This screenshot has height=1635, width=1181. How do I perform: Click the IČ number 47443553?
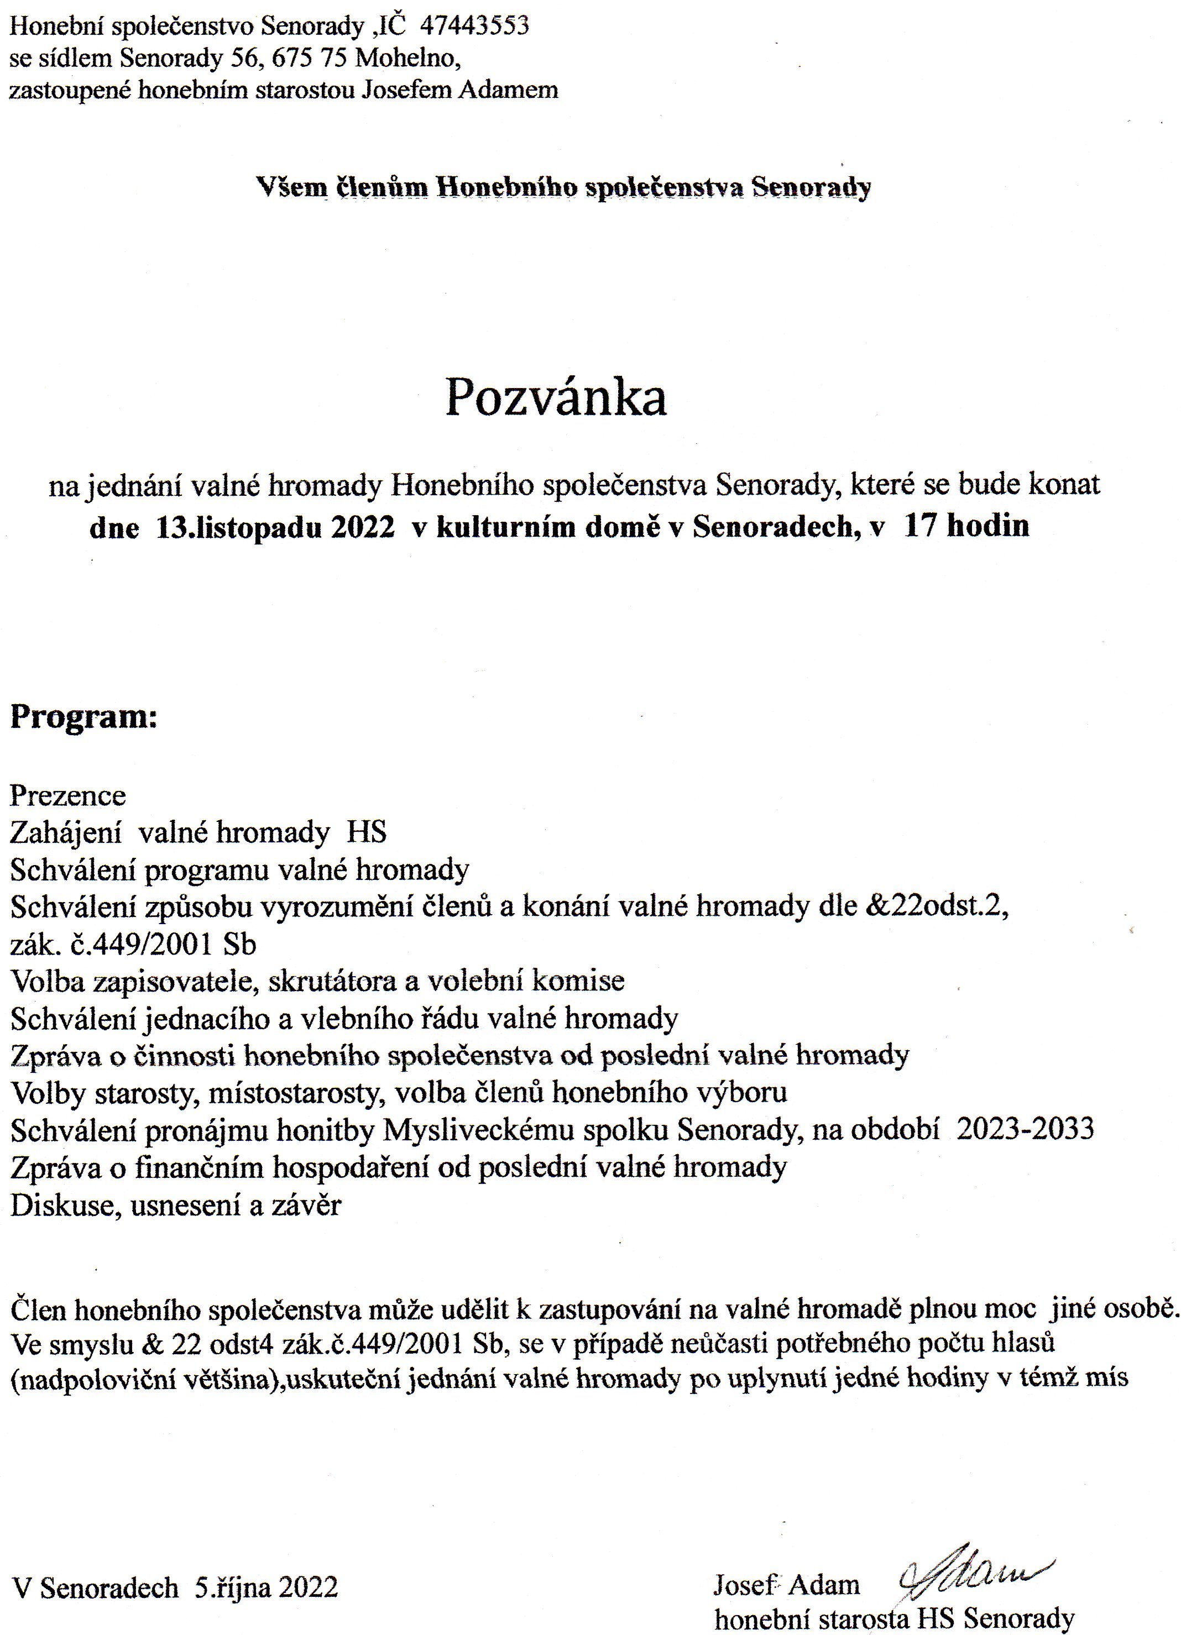474,26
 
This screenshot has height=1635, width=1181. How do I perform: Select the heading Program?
83,718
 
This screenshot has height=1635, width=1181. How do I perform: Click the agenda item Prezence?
68,796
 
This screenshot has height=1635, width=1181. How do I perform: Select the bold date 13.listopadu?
239,527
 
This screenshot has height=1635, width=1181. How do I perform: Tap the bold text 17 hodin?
966,526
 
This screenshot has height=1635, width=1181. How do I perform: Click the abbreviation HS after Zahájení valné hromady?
367,832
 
